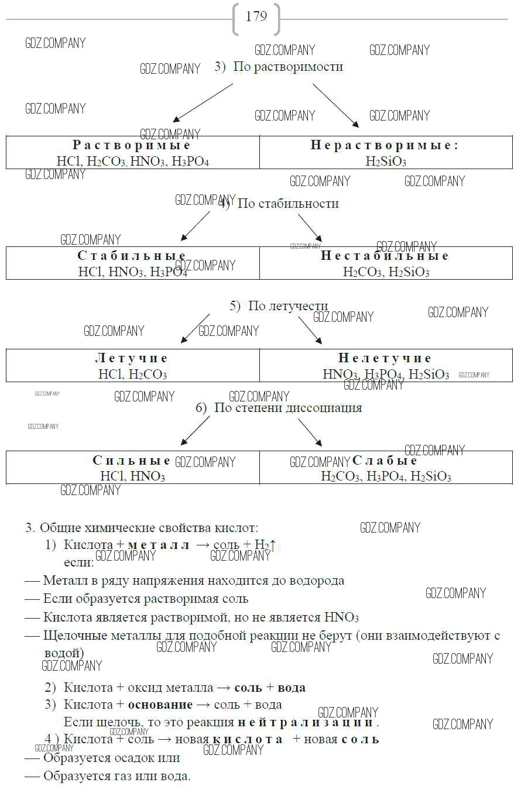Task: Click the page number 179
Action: pos(256,17)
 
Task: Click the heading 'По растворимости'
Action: pos(287,67)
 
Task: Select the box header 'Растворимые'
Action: pos(132,145)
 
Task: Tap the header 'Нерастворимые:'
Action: pos(385,145)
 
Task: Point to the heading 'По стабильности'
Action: pos(288,204)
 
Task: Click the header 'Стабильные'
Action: pos(132,256)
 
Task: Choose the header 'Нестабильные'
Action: pos(385,256)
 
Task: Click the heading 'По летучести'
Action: pos(287,306)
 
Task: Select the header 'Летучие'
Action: pos(132,358)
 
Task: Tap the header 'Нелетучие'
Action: pos(385,358)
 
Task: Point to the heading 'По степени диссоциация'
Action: pos(287,408)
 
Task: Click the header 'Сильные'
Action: pos(132,461)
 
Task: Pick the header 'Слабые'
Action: pos(385,461)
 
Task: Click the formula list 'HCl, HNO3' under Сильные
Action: pos(132,476)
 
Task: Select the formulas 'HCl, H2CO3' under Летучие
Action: pos(132,374)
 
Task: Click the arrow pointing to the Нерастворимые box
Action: pos(335,105)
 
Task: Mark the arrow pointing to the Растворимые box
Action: pos(203,102)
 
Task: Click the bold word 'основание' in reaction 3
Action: pos(160,705)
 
